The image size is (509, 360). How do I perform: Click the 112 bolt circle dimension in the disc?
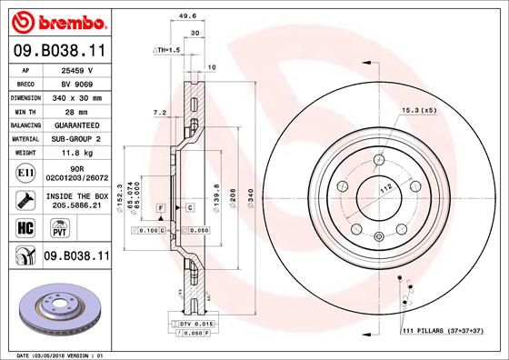pyautogui.click(x=384, y=187)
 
